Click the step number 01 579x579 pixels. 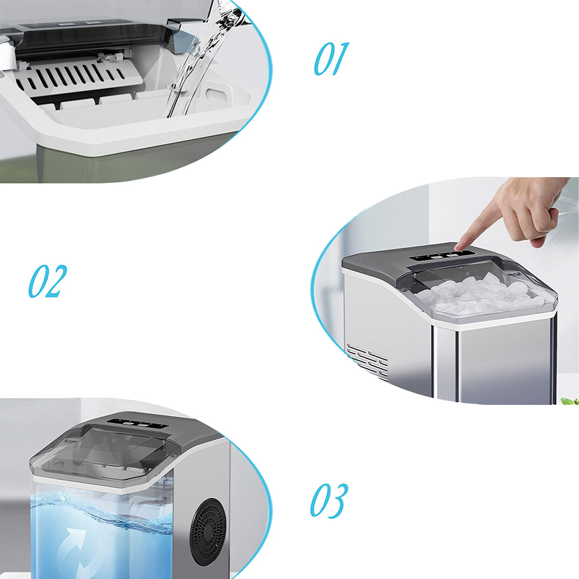click(331, 59)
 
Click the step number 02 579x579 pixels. click(47, 281)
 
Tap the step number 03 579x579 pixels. click(329, 500)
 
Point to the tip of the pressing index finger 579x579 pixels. click(457, 247)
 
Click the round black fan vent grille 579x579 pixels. click(208, 532)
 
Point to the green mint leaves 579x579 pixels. click(570, 400)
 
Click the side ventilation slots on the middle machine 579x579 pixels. click(368, 362)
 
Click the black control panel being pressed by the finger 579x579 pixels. click(442, 255)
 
